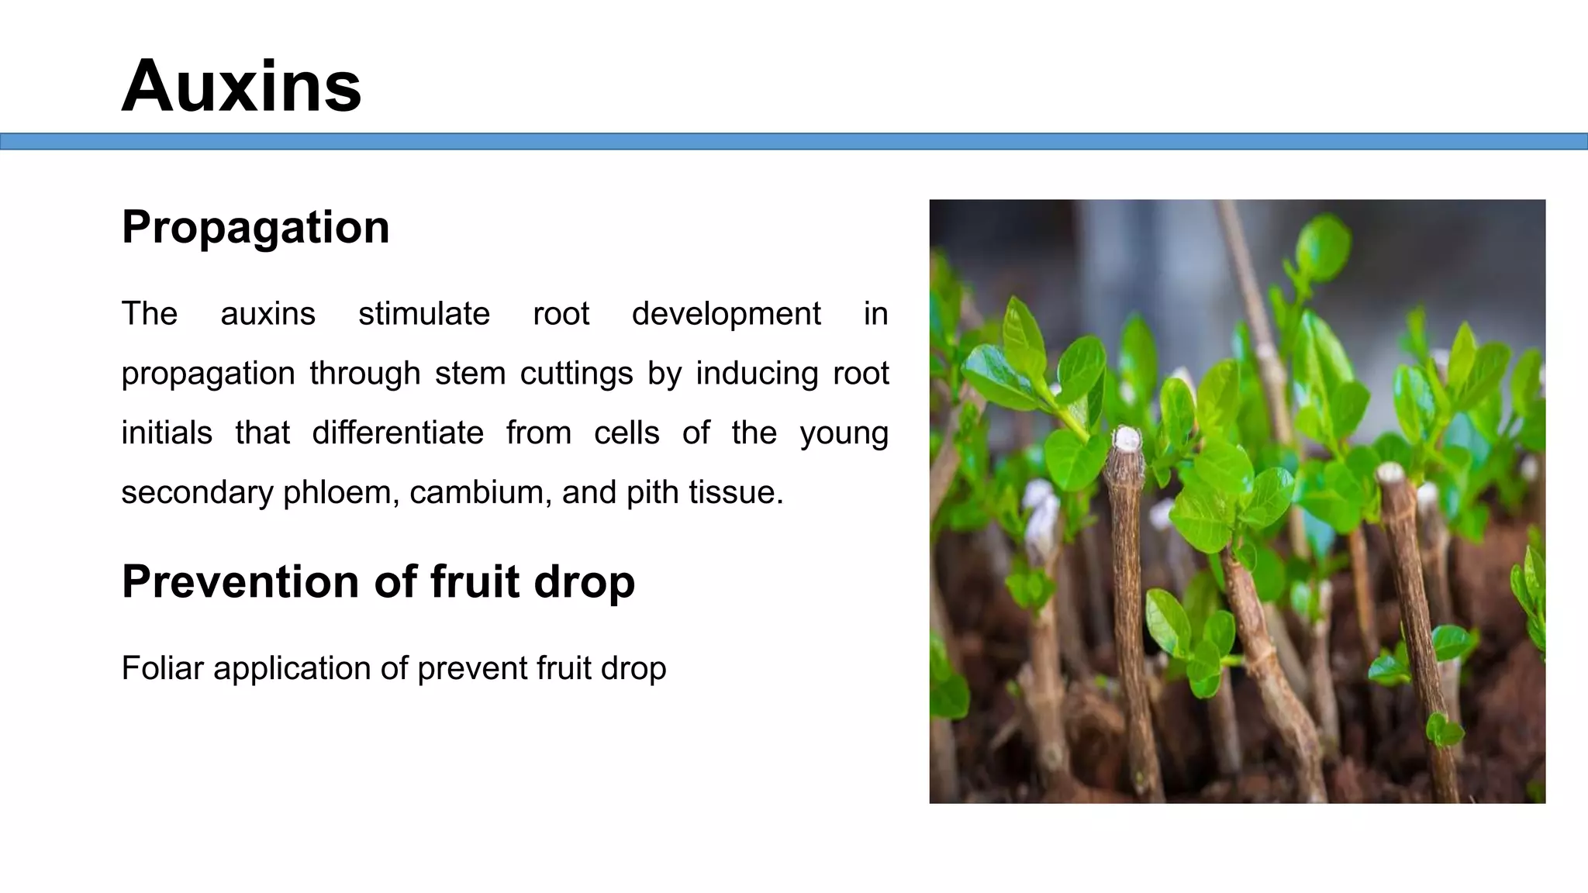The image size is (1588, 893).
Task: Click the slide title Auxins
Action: (241, 86)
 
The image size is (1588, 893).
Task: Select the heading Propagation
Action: (255, 227)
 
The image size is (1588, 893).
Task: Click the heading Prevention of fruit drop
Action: (378, 581)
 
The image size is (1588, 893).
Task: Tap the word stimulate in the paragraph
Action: (423, 314)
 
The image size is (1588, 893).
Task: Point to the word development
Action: (726, 314)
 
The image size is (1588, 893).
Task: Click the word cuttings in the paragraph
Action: (576, 374)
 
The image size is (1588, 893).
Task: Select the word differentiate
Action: (398, 433)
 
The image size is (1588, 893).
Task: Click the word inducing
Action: (757, 374)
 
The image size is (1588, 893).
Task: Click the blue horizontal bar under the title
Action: (794, 141)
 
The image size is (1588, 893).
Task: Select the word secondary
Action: (197, 492)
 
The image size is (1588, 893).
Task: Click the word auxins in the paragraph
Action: (268, 314)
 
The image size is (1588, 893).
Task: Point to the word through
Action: (364, 374)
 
